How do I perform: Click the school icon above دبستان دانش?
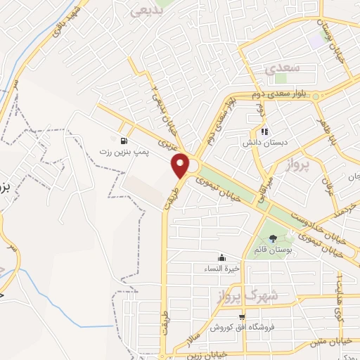click(x=264, y=131)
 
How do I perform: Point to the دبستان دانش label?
click(x=264, y=141)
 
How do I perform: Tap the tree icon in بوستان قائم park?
click(x=273, y=238)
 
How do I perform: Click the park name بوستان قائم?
click(x=272, y=250)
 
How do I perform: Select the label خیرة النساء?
click(x=222, y=268)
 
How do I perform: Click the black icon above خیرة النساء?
click(x=222, y=257)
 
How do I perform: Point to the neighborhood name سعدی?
click(x=285, y=68)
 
